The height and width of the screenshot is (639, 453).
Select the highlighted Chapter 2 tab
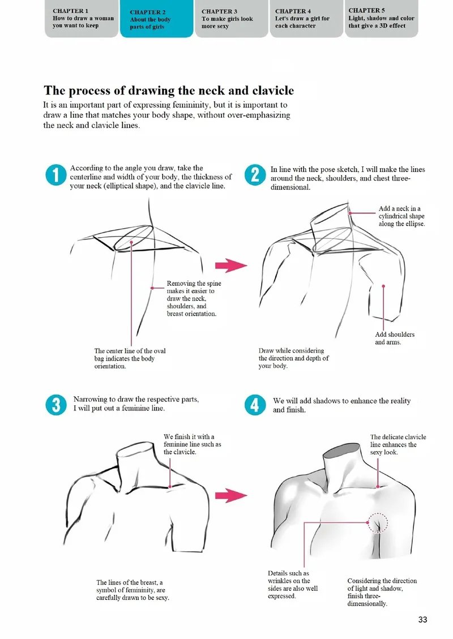point(157,19)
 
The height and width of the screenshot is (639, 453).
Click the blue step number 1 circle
point(56,175)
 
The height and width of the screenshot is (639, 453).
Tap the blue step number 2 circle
point(255,175)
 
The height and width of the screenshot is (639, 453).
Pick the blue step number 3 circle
point(56,405)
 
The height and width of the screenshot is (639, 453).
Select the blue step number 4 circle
point(255,405)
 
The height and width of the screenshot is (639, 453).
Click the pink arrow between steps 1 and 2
point(231,265)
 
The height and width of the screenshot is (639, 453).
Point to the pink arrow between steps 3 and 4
point(231,495)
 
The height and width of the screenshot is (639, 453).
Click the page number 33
point(422,619)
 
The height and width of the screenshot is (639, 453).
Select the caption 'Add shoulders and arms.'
point(395,338)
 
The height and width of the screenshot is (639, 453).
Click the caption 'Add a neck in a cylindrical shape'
point(401,216)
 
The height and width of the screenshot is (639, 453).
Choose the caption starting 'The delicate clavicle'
point(398,445)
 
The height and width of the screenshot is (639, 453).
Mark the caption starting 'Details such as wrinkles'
point(293,585)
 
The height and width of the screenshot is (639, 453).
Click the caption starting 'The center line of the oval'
point(130,358)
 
